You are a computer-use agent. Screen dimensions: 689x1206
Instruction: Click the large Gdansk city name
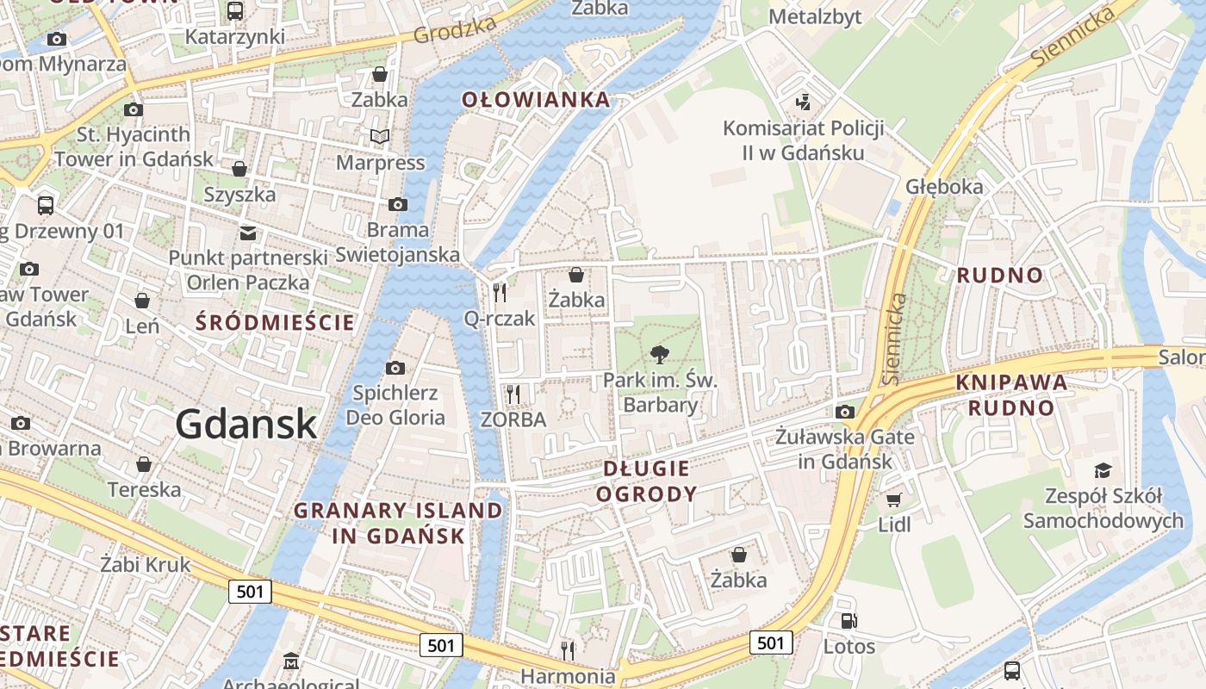coord(246,424)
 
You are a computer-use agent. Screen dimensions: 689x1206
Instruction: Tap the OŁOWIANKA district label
coord(536,100)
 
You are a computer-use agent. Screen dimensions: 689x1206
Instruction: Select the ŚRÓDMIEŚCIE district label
coord(275,323)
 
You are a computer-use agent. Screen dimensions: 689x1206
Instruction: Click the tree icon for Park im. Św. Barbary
coord(660,354)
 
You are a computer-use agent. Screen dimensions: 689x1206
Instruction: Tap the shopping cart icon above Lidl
coord(894,500)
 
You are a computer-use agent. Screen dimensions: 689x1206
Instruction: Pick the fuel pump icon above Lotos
coord(849,621)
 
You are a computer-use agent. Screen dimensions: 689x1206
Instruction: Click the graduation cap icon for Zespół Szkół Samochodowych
coord(1103,470)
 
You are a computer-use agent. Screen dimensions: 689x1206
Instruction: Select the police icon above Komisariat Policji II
coord(803,102)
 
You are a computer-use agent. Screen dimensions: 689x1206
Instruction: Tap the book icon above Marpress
coord(380,136)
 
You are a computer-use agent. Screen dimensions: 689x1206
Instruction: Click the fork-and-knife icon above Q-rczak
coord(500,293)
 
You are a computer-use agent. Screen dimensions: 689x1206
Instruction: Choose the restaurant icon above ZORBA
coord(513,394)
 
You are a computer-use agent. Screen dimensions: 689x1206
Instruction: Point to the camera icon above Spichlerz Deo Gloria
coord(395,369)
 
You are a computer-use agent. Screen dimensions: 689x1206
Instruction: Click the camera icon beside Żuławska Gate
coord(845,412)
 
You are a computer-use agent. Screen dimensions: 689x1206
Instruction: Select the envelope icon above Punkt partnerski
coord(248,233)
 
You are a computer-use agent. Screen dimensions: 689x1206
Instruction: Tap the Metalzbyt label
coord(814,16)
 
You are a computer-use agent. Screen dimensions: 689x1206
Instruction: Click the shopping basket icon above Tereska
coord(144,465)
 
